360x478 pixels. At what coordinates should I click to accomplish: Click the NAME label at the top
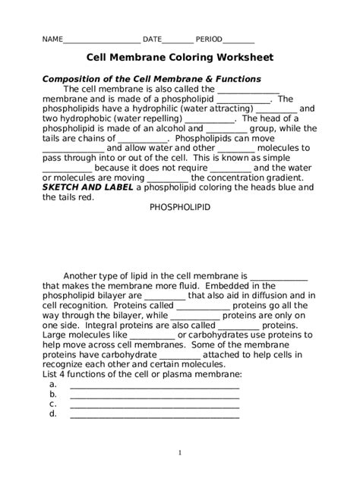tap(52, 39)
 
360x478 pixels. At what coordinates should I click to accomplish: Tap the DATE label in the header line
tap(152, 39)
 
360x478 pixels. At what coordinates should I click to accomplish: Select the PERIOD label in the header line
tap(209, 39)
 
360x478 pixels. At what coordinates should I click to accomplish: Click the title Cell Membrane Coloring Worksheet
tap(179, 58)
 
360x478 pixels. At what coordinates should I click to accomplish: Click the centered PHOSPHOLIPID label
tap(179, 207)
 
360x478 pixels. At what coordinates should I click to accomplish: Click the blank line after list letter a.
tap(154, 385)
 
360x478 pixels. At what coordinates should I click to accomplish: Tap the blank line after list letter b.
tap(154, 395)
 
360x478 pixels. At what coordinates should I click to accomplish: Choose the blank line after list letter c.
tap(154, 404)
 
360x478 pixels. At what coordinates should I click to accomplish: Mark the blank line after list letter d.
tap(154, 414)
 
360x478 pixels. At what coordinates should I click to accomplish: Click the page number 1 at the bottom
tap(180, 453)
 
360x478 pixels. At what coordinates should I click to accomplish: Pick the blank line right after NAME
tap(101, 39)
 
